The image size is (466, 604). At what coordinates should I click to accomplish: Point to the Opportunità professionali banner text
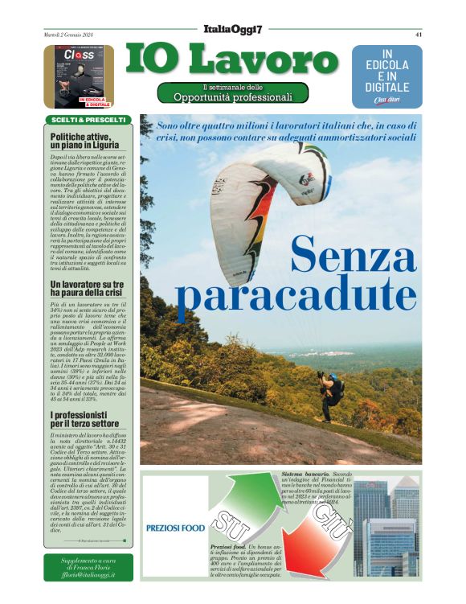point(233,97)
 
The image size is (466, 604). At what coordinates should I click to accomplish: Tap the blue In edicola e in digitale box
point(386,76)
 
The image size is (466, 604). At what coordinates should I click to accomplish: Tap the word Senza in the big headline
point(353,256)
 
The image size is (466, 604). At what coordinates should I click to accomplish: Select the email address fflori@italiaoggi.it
point(88,575)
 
